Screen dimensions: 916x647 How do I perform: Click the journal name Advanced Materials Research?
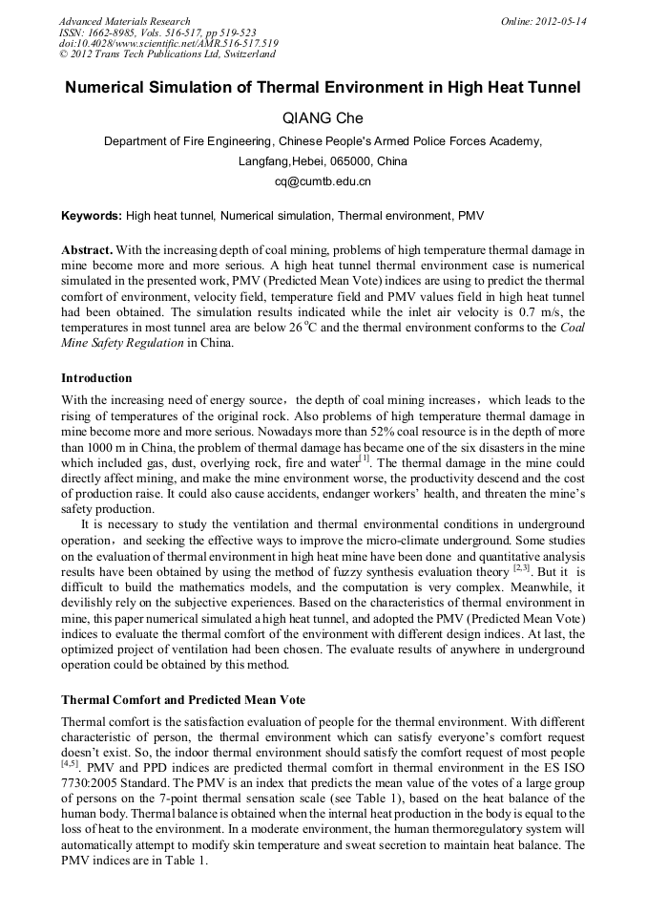click(x=124, y=21)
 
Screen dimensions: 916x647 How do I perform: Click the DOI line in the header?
click(x=168, y=43)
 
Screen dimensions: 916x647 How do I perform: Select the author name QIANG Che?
click(x=323, y=117)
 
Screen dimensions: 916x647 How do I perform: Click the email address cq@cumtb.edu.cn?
click(x=323, y=181)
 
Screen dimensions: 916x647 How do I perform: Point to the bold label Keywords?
click(x=92, y=217)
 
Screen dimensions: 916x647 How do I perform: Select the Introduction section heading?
click(x=96, y=378)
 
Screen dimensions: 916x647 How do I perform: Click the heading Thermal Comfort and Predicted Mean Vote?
click(x=183, y=700)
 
